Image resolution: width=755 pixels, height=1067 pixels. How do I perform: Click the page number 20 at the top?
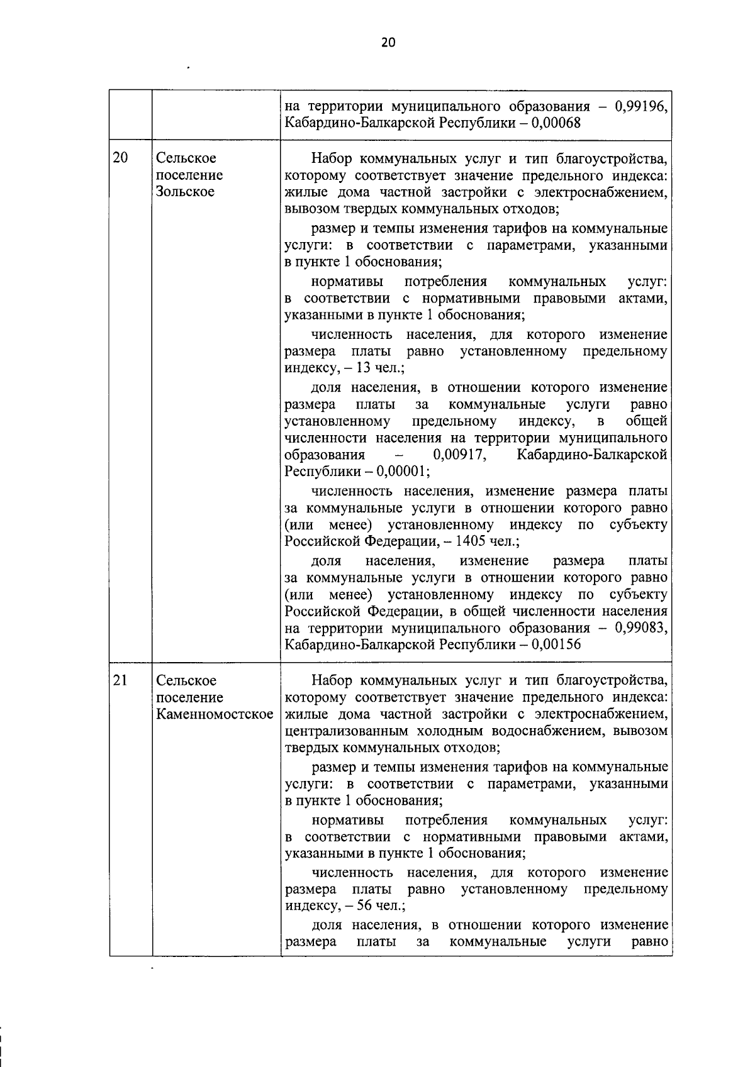(x=388, y=43)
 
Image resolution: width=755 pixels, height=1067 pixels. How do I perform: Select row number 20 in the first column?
(x=120, y=158)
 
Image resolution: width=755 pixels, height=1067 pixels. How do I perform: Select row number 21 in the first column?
(x=120, y=680)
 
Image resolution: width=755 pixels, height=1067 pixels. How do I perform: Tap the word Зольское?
(x=185, y=192)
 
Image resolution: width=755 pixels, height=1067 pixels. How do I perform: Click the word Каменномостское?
(x=215, y=714)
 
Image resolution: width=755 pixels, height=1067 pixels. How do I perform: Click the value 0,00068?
(x=555, y=123)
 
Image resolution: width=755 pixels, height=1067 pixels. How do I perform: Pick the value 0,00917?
(x=460, y=455)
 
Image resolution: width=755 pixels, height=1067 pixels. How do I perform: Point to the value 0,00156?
(x=555, y=645)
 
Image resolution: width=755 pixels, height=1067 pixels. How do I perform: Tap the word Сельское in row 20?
(x=186, y=158)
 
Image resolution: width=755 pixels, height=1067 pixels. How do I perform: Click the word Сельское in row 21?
(x=186, y=680)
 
